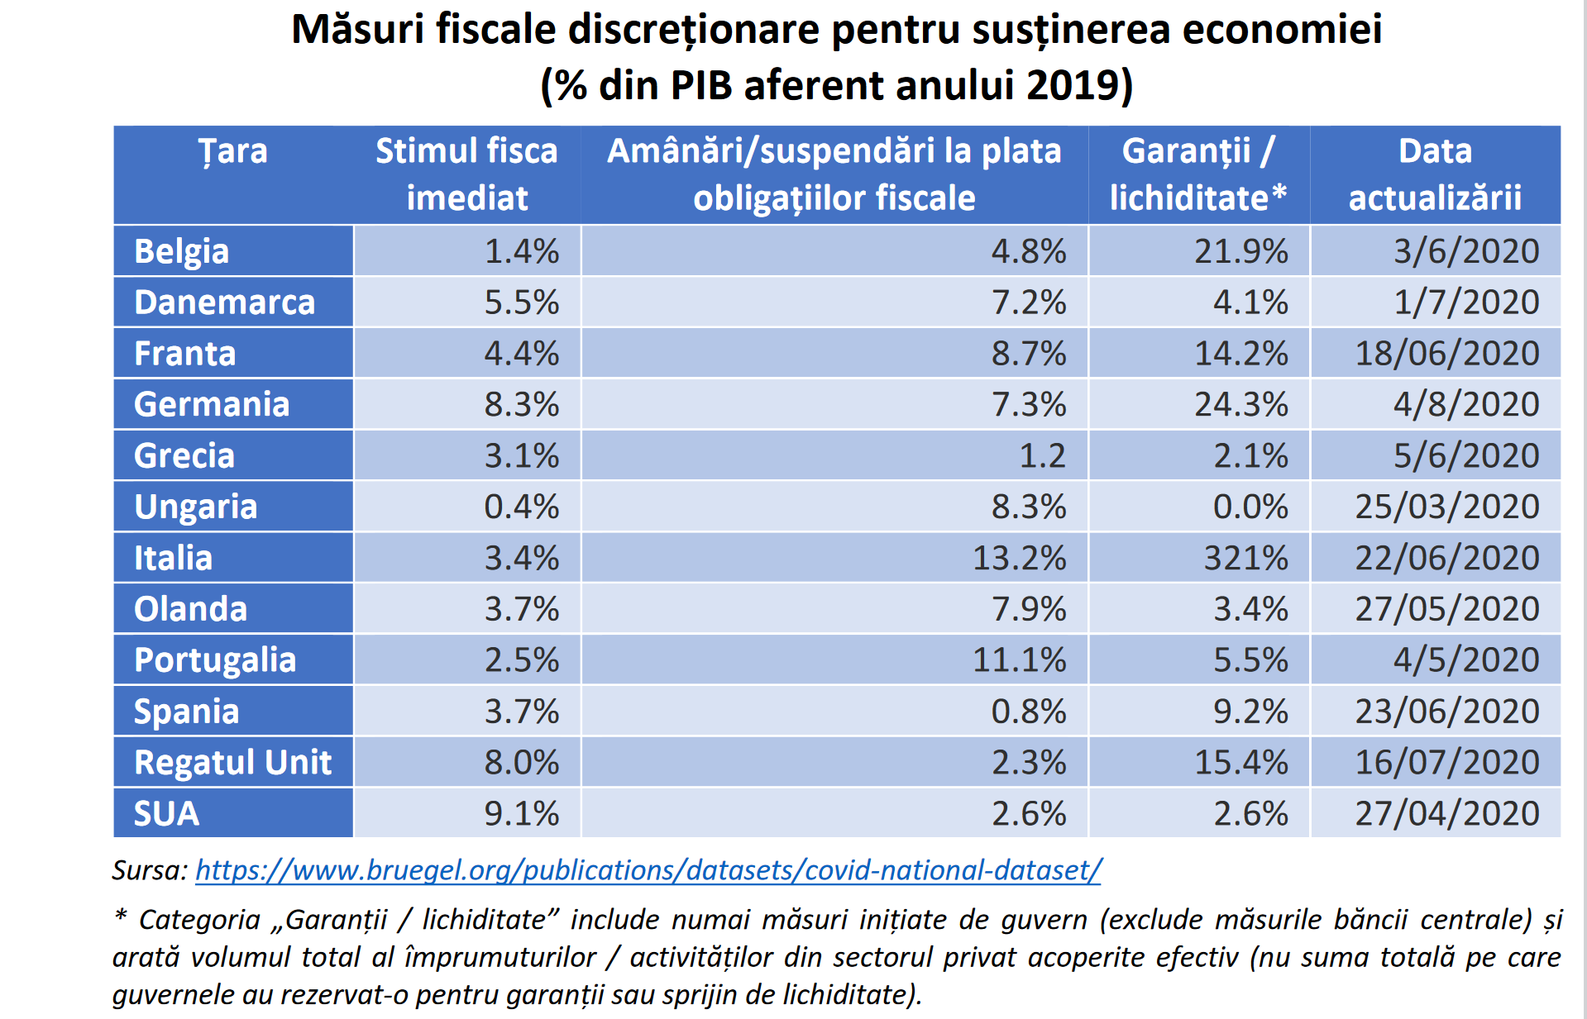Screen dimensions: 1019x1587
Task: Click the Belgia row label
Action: tap(181, 251)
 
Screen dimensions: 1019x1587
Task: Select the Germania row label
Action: tap(212, 405)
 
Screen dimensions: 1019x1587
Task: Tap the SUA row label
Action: tap(166, 814)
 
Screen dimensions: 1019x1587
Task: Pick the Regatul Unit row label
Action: tap(232, 763)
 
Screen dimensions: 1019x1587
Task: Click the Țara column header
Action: tap(232, 152)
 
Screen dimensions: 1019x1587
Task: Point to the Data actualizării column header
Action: tap(1435, 174)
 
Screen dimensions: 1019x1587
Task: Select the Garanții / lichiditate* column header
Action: tap(1198, 174)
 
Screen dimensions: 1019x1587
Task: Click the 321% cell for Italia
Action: tap(1245, 559)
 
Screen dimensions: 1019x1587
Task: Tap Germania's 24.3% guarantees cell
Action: tap(1240, 405)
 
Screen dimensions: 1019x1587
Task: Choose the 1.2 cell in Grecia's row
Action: tap(1042, 456)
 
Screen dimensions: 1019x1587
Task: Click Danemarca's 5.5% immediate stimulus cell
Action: tap(521, 302)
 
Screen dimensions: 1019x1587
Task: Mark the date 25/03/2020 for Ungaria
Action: tap(1446, 507)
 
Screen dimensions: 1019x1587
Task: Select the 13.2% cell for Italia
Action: tap(1019, 559)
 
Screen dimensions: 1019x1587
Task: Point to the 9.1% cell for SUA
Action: tap(521, 814)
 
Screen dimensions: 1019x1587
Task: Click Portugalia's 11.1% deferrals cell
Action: tap(1019, 660)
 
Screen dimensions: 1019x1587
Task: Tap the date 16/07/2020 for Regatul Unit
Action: tap(1446, 763)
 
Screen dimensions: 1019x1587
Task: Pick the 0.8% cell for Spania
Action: tap(1028, 712)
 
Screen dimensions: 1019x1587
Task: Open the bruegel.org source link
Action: tap(648, 870)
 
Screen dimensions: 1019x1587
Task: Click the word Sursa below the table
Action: tap(149, 870)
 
